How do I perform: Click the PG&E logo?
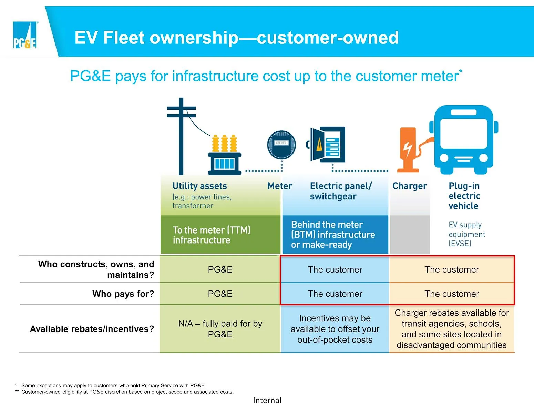click(24, 35)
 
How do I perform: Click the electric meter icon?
click(281, 145)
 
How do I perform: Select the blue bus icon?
click(464, 139)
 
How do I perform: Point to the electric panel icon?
click(326, 145)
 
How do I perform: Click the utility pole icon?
click(181, 136)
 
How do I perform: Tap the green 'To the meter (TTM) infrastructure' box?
click(220, 235)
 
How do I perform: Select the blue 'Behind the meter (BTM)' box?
click(336, 235)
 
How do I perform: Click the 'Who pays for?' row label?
click(123, 294)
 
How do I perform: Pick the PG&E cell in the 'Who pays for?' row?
click(220, 294)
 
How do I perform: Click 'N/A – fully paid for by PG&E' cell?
click(220, 329)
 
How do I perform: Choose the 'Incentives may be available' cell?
click(335, 329)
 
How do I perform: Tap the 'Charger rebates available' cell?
click(452, 329)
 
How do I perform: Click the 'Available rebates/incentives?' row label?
click(92, 329)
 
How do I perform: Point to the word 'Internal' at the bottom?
click(267, 400)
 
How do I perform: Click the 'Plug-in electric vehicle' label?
click(464, 196)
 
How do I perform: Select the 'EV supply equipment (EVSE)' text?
click(467, 234)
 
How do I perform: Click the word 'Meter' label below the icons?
click(280, 186)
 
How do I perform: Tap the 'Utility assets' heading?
click(199, 186)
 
